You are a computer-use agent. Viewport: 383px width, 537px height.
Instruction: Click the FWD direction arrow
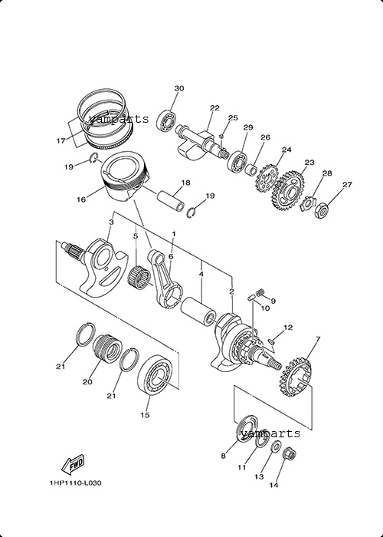click(x=73, y=465)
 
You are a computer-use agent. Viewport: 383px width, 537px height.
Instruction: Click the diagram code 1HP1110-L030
click(x=75, y=483)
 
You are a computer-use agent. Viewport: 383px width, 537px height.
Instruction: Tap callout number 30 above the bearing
click(x=178, y=88)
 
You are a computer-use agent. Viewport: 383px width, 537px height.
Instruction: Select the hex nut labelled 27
click(x=322, y=211)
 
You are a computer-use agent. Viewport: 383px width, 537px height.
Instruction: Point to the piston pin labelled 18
click(x=171, y=203)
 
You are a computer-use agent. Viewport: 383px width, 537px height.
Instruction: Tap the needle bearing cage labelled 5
click(x=139, y=278)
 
